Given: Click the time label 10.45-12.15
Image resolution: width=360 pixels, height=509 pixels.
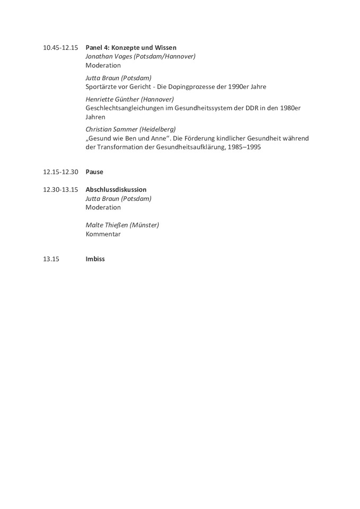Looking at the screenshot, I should [x=60, y=48].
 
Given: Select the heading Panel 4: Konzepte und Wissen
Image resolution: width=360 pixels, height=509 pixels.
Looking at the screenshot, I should [x=131, y=48].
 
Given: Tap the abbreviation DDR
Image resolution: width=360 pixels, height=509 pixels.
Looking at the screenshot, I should [x=250, y=108].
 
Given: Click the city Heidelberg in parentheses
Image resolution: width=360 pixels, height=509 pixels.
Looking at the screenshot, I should [x=157, y=129].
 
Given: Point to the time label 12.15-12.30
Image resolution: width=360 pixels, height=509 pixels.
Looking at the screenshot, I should [x=60, y=172].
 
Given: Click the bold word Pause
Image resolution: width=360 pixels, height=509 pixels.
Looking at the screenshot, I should [x=94, y=172].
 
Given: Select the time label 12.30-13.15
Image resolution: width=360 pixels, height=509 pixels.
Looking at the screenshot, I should [x=60, y=190].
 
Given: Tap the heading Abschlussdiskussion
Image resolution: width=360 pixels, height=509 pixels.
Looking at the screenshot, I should [x=116, y=190].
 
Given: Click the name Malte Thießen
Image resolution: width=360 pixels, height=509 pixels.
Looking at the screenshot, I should [x=106, y=225].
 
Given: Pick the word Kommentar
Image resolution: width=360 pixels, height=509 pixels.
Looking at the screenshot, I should [x=103, y=234].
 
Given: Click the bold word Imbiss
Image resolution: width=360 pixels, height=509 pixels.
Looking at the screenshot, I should [x=95, y=259].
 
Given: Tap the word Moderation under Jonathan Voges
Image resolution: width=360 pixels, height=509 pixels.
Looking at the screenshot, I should [x=103, y=65].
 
